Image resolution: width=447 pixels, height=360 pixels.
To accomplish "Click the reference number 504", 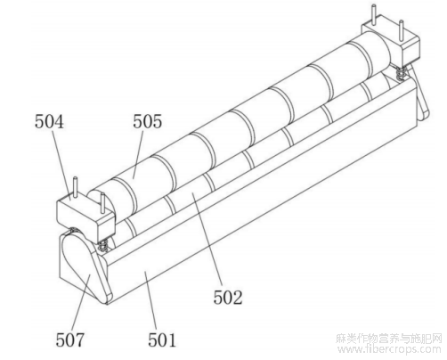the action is click(x=49, y=122).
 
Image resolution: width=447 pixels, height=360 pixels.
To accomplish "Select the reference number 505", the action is click(x=147, y=121).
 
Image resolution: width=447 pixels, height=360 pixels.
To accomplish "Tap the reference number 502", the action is click(x=228, y=298).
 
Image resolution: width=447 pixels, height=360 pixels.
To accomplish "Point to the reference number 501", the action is click(x=162, y=340).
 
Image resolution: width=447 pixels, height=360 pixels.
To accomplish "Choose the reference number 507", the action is click(x=70, y=340).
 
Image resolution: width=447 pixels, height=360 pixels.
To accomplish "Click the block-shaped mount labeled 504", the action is click(x=85, y=218).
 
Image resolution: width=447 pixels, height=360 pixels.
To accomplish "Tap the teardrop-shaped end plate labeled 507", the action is click(x=85, y=267).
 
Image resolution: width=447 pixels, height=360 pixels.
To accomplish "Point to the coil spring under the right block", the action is click(x=401, y=72).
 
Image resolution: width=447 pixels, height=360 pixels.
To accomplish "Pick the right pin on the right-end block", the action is click(x=401, y=30).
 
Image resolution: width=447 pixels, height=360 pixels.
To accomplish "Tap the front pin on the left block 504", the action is click(x=102, y=203).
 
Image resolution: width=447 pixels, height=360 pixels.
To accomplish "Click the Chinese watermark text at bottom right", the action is click(x=389, y=339).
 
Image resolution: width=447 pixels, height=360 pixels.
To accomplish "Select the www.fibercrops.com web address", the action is click(x=390, y=349).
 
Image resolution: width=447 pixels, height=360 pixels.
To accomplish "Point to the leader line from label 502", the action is click(x=207, y=240).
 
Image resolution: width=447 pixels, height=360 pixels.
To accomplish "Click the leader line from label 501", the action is click(x=151, y=299).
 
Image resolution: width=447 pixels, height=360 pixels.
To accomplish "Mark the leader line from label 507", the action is click(x=81, y=300).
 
